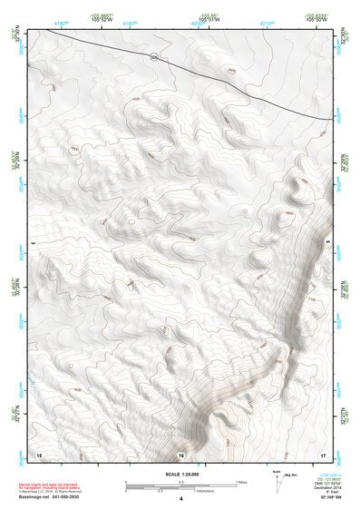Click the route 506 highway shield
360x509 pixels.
tap(155, 56)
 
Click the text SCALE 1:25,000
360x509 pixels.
tap(180, 474)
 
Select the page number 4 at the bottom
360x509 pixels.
tap(181, 499)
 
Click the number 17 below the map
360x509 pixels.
tap(323, 454)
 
